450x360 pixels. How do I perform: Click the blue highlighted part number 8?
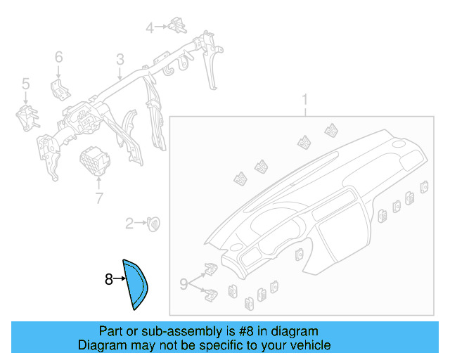(136, 284)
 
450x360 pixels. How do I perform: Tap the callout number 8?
(108, 280)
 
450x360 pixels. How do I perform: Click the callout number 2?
(129, 224)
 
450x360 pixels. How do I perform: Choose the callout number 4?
(150, 27)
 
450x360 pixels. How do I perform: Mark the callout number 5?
(25, 84)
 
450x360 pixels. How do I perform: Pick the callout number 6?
(58, 56)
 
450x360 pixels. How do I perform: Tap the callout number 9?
(183, 284)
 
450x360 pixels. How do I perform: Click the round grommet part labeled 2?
(153, 223)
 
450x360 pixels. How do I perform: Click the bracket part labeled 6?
(59, 89)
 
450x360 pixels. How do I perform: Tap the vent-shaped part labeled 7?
(94, 160)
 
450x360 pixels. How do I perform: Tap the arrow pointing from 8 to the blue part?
(118, 280)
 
